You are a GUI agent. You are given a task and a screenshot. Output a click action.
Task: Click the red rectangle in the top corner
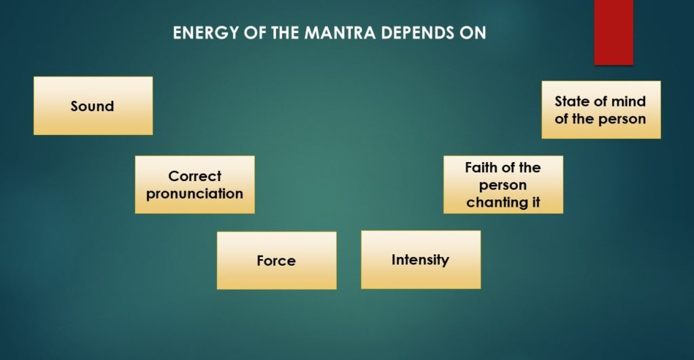click(x=613, y=32)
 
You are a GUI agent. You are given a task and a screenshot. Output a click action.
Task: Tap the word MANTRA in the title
click(x=334, y=33)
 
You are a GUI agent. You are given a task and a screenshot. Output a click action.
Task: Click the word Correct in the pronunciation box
click(x=195, y=176)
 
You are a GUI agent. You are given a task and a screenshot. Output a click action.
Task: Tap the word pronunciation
click(x=195, y=193)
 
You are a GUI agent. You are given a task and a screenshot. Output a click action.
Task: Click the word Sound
click(x=92, y=106)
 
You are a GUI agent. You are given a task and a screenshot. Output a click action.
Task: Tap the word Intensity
click(x=420, y=260)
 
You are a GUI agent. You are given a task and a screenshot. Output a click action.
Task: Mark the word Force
click(x=276, y=261)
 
